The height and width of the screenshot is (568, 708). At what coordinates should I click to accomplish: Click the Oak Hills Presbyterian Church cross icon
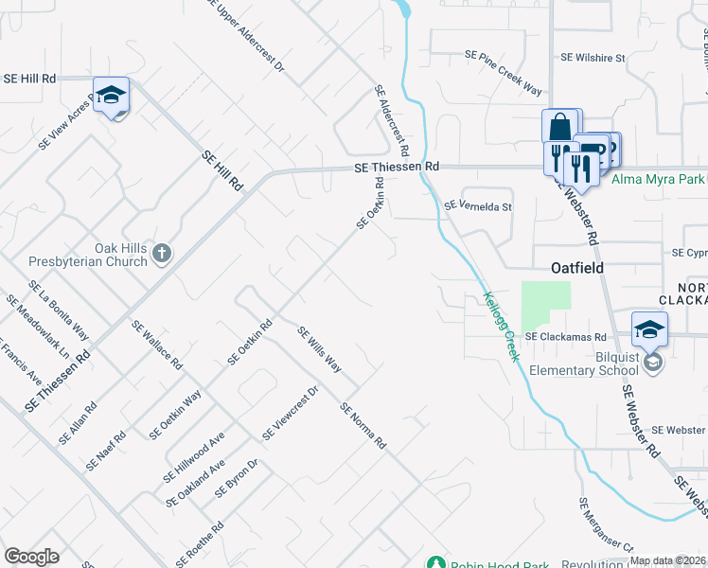click(162, 253)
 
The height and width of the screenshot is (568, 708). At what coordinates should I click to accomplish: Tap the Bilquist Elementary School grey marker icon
click(652, 363)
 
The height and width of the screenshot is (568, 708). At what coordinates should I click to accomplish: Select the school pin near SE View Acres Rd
click(111, 96)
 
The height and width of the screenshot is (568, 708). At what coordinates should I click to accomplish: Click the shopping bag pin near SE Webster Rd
click(559, 127)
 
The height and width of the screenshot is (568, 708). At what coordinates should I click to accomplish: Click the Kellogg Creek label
click(502, 326)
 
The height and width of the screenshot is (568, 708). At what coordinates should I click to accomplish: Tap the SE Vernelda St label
click(477, 205)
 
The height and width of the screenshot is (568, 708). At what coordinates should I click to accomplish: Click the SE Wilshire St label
click(593, 58)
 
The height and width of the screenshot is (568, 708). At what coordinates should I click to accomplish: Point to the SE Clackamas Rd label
click(565, 336)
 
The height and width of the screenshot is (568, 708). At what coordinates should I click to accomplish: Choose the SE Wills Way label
click(319, 348)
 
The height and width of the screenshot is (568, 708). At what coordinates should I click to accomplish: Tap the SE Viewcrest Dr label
click(290, 415)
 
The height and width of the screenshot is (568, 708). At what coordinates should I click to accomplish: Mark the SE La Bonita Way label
click(59, 311)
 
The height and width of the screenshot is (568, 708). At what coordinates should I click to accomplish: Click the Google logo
click(31, 557)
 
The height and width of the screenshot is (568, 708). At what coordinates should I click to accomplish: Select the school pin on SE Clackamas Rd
click(649, 330)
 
